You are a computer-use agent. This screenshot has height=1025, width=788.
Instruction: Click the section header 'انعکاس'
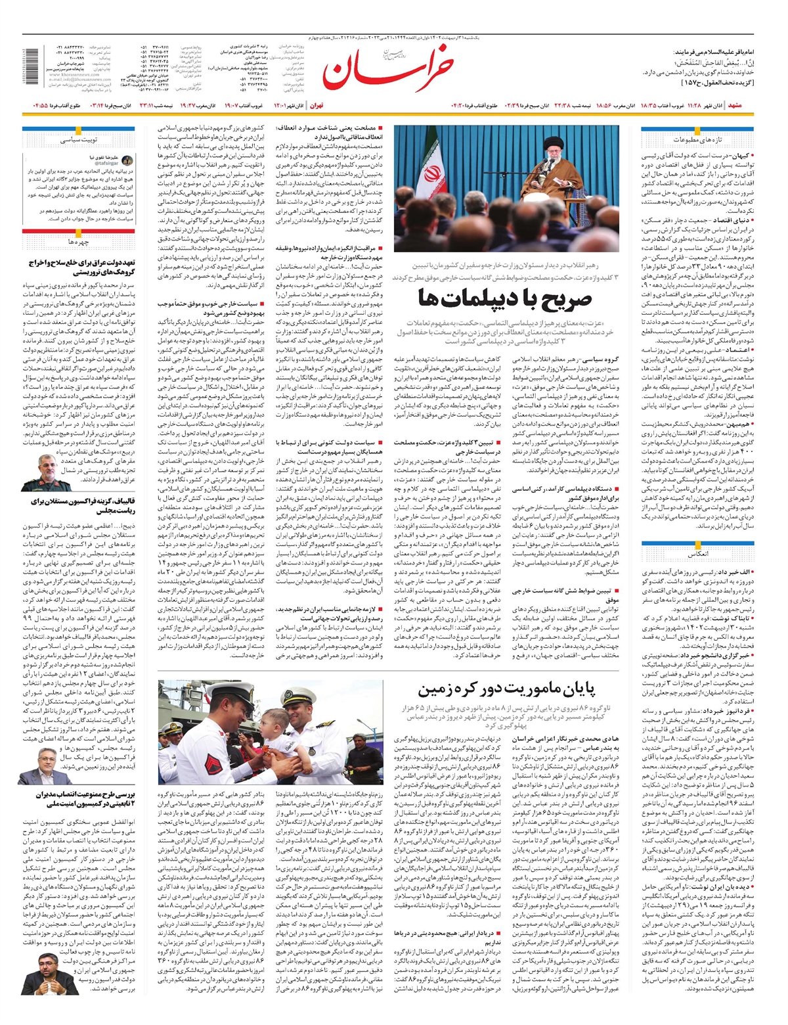pyautogui.click(x=697, y=554)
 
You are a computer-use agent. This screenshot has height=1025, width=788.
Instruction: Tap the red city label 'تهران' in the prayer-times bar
pyautogui.click(x=317, y=105)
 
